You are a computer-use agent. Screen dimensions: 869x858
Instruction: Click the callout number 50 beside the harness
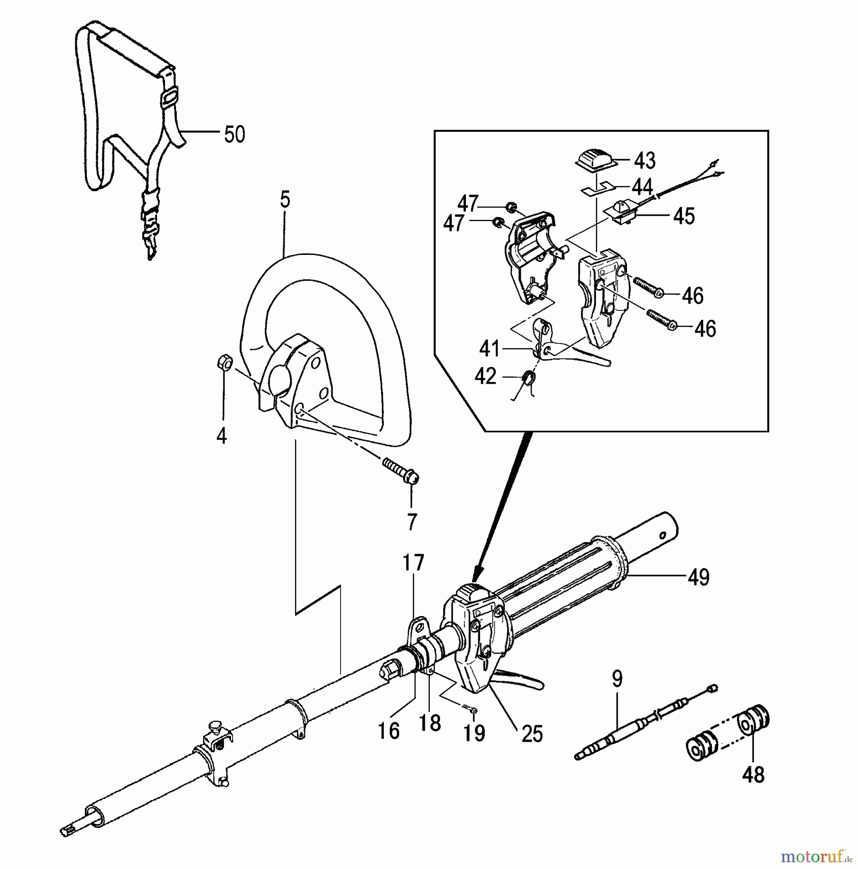[234, 134]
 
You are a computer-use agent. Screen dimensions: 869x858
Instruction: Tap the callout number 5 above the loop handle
[285, 199]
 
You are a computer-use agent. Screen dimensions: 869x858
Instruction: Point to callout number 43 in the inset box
[645, 161]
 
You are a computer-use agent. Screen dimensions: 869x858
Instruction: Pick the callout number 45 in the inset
[684, 216]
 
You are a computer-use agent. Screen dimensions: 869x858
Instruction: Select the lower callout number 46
[705, 329]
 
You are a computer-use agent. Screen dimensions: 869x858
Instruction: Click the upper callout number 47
[467, 204]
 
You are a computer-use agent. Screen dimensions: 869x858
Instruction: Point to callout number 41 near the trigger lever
[490, 349]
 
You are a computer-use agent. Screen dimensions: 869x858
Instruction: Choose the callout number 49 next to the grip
[699, 577]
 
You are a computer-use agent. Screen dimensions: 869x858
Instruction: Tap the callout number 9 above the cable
[617, 679]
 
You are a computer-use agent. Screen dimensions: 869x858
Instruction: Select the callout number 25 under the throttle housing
[532, 734]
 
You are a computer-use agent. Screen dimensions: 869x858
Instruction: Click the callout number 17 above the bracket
[414, 563]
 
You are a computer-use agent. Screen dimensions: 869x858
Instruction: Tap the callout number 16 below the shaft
[389, 731]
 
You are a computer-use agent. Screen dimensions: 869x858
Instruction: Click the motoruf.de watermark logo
[815, 856]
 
